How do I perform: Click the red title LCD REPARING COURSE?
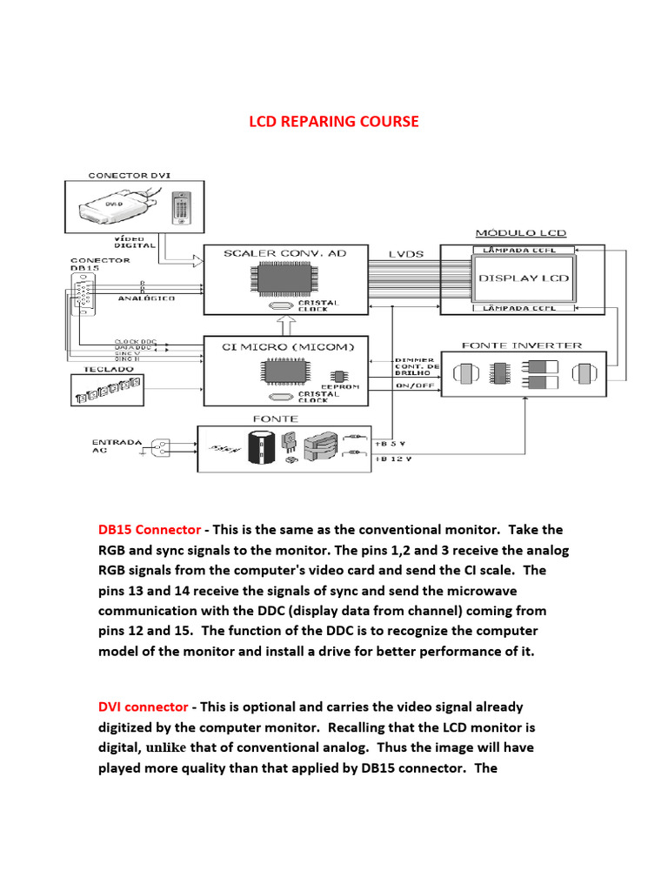point(334,121)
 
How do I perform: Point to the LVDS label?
point(406,254)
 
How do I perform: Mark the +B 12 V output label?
point(392,458)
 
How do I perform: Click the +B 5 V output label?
point(391,442)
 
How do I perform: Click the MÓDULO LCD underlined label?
point(520,233)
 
